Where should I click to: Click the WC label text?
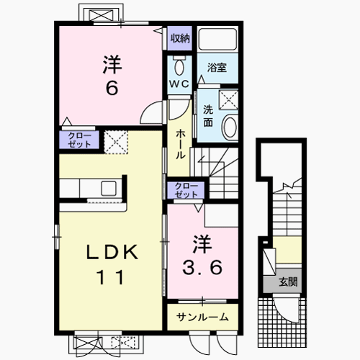coord(179,84)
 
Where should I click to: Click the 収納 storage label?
coord(179,37)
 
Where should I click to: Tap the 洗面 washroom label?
coord(207,117)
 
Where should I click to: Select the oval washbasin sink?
coord(230,128)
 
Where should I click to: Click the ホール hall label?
coord(179,143)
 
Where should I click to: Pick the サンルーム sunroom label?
coord(204,317)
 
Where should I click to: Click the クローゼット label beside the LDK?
coord(80,140)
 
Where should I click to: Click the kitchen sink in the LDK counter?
coord(111,189)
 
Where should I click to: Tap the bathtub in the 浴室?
coord(217,40)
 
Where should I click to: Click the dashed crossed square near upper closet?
coord(115,141)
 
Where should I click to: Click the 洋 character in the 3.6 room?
coord(201,241)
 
